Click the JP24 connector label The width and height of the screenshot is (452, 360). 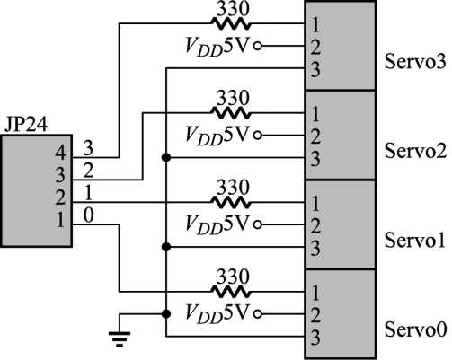point(26,124)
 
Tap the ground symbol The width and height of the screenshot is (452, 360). point(120,339)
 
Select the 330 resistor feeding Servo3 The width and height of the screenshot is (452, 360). point(230,23)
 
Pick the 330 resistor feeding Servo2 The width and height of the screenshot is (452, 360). point(230,113)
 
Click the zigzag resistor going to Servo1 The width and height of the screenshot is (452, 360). point(230,203)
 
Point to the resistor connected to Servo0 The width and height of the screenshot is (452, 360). point(230,292)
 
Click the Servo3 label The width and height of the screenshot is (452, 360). point(415,62)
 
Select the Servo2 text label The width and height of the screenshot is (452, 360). point(415,151)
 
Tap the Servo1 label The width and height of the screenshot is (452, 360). point(415,240)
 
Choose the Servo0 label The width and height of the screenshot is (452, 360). point(415,329)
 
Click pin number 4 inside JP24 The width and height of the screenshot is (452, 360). point(60,154)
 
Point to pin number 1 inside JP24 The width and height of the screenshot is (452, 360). point(61,221)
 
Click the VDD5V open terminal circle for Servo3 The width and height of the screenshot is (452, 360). point(258,46)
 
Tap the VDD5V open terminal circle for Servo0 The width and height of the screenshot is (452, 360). point(258,314)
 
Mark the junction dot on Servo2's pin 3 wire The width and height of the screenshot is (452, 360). point(166,157)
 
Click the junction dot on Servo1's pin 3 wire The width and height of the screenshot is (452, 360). point(166,247)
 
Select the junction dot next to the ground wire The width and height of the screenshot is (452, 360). point(166,314)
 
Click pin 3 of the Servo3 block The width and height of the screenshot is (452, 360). point(315,69)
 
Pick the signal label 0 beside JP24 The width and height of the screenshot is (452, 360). point(88,215)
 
